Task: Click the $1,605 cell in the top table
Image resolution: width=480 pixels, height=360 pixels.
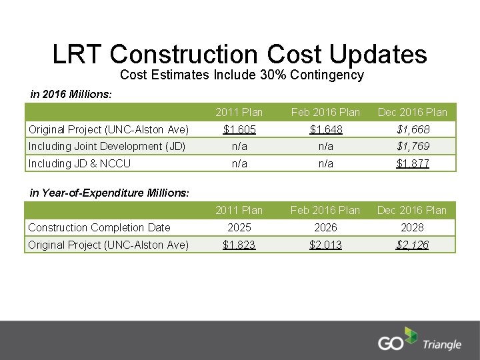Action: coord(239,129)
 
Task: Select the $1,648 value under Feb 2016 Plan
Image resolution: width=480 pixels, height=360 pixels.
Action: coord(325,129)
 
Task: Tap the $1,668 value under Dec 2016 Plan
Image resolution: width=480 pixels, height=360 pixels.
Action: coord(413,129)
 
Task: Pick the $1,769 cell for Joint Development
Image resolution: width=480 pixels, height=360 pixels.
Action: coord(413,146)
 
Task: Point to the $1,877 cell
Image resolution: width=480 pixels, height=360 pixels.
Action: coord(413,163)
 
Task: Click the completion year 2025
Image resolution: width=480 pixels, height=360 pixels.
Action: coord(239,227)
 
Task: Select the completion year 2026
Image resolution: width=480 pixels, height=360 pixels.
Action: coord(325,227)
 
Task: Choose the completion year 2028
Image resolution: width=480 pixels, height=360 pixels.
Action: coord(413,227)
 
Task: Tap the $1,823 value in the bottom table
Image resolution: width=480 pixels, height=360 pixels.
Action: coord(239,245)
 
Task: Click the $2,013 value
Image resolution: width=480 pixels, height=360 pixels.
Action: coord(325,245)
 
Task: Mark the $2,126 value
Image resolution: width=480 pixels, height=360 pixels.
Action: coord(413,245)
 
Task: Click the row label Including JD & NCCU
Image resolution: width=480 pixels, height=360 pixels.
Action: coord(79,163)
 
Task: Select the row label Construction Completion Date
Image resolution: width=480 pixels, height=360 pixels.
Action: coord(99,227)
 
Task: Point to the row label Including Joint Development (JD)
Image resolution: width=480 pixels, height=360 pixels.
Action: coord(107,146)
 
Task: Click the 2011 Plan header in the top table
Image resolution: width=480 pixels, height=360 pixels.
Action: coord(239,111)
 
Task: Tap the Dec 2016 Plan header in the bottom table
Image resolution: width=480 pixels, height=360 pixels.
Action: coord(413,210)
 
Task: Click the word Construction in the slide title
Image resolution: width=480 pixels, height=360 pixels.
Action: coord(185,54)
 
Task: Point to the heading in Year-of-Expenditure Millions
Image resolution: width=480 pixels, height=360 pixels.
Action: coord(110,193)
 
